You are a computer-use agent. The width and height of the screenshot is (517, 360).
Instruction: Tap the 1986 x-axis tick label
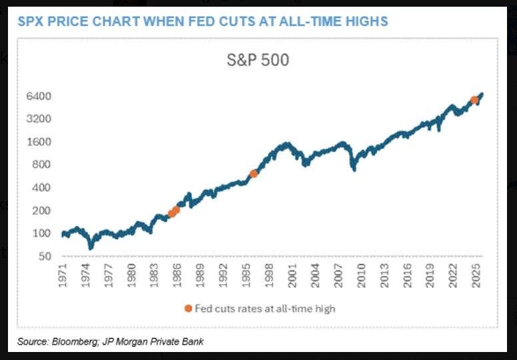pyautogui.click(x=177, y=274)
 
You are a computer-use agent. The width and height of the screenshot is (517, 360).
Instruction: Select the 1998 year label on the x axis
pyautogui.click(x=267, y=274)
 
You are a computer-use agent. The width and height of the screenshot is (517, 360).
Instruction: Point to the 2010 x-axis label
pyautogui.click(x=361, y=274)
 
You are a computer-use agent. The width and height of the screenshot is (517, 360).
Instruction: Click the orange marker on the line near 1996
pyautogui.click(x=253, y=173)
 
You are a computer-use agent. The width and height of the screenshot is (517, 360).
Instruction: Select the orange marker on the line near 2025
pyautogui.click(x=474, y=100)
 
